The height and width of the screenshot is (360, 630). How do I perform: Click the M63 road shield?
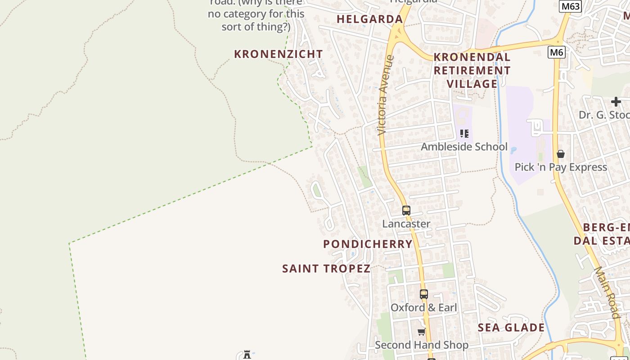[x=570, y=6]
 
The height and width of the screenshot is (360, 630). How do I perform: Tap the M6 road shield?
[x=557, y=52]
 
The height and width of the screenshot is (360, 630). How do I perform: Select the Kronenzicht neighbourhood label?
[x=279, y=54]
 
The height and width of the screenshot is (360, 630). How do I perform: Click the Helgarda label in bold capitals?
[x=369, y=19]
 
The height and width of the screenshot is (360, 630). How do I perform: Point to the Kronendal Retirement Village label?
[x=472, y=70]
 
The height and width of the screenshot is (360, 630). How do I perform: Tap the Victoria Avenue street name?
[x=386, y=95]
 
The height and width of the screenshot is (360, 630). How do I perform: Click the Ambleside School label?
[x=464, y=147]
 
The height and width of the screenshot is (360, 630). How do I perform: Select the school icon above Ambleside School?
[x=464, y=134]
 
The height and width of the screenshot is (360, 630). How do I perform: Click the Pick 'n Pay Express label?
[x=561, y=167]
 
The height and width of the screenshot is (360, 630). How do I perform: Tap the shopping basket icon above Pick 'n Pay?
[x=561, y=154]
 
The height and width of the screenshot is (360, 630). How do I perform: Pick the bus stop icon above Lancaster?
[x=406, y=210]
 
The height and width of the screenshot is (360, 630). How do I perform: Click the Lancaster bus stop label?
[x=406, y=224]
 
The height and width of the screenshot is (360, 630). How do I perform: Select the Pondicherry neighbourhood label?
[x=368, y=244]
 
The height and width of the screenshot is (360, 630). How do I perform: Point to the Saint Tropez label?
[x=326, y=269]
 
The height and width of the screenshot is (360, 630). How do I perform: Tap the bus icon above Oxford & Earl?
[x=423, y=294]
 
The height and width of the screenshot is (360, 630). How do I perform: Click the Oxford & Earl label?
[x=423, y=308]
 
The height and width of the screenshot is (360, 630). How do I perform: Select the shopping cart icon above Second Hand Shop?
[x=421, y=332]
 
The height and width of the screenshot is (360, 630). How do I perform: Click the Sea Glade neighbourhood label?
[x=511, y=328]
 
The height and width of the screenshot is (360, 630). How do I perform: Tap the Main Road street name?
[x=607, y=292]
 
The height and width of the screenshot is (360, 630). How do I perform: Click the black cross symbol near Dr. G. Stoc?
[x=616, y=102]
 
